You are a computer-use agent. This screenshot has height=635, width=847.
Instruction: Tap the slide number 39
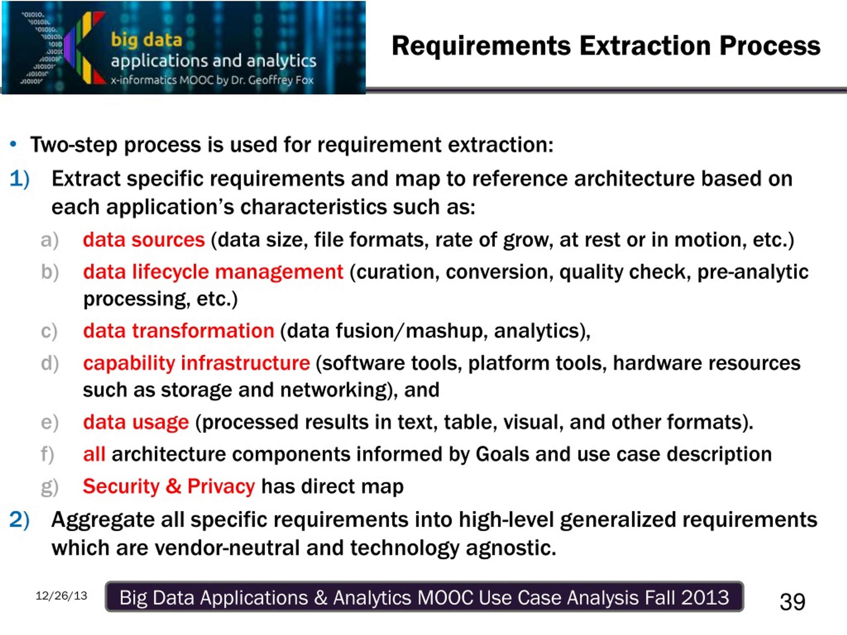pos(792,601)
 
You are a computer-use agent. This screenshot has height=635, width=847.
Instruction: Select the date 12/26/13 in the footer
pos(61,596)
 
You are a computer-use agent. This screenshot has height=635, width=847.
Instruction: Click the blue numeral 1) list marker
pos(20,179)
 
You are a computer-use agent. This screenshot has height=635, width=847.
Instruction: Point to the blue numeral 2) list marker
pos(20,520)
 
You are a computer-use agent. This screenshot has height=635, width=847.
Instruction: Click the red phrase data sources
pos(144,240)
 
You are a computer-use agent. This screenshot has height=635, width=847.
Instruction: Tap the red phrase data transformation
pos(179,331)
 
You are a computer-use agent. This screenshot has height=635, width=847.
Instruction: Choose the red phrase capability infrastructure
pos(197,363)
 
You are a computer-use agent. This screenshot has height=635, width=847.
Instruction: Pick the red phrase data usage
pos(136,423)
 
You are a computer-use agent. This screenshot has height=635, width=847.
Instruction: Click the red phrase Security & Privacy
pos(169,487)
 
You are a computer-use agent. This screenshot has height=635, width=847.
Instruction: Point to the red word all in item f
pos(94,454)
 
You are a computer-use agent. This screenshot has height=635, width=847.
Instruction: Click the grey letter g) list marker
pos(49,487)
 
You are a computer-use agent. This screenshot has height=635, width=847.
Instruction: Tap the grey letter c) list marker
pos(49,331)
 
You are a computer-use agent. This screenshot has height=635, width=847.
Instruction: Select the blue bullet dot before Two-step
pos(14,144)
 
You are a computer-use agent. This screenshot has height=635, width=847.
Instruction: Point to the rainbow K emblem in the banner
pos(85,48)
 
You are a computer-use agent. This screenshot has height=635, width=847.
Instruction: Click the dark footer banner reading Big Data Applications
pos(424,597)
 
